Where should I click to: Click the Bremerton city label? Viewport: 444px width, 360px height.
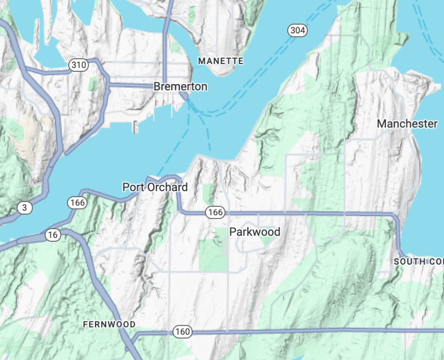click(x=180, y=87)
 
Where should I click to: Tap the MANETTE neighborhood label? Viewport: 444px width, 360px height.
click(x=220, y=61)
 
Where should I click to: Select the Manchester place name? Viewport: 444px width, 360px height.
click(x=407, y=124)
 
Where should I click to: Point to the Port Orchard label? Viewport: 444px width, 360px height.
click(x=155, y=187)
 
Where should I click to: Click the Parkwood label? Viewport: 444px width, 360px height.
click(x=254, y=232)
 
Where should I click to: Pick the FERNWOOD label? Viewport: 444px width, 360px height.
click(x=109, y=325)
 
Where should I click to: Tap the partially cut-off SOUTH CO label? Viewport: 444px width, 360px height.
click(x=418, y=261)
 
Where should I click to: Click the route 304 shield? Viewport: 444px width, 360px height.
click(x=297, y=30)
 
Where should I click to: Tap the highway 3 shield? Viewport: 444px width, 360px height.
click(x=25, y=208)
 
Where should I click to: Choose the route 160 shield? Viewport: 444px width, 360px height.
click(x=182, y=332)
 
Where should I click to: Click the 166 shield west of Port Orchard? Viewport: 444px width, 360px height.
click(x=77, y=203)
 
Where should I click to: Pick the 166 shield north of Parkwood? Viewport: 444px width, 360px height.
click(x=215, y=212)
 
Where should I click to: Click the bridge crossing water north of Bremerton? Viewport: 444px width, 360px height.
click(x=167, y=26)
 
